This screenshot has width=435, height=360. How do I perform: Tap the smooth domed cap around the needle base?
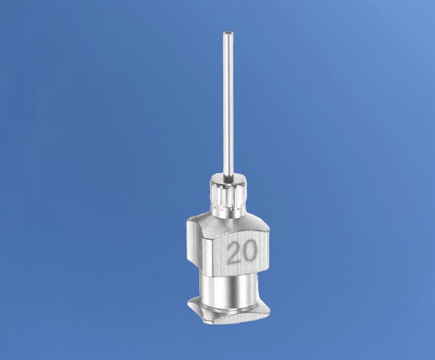point(229,180)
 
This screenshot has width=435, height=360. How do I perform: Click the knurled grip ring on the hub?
point(229,198)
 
